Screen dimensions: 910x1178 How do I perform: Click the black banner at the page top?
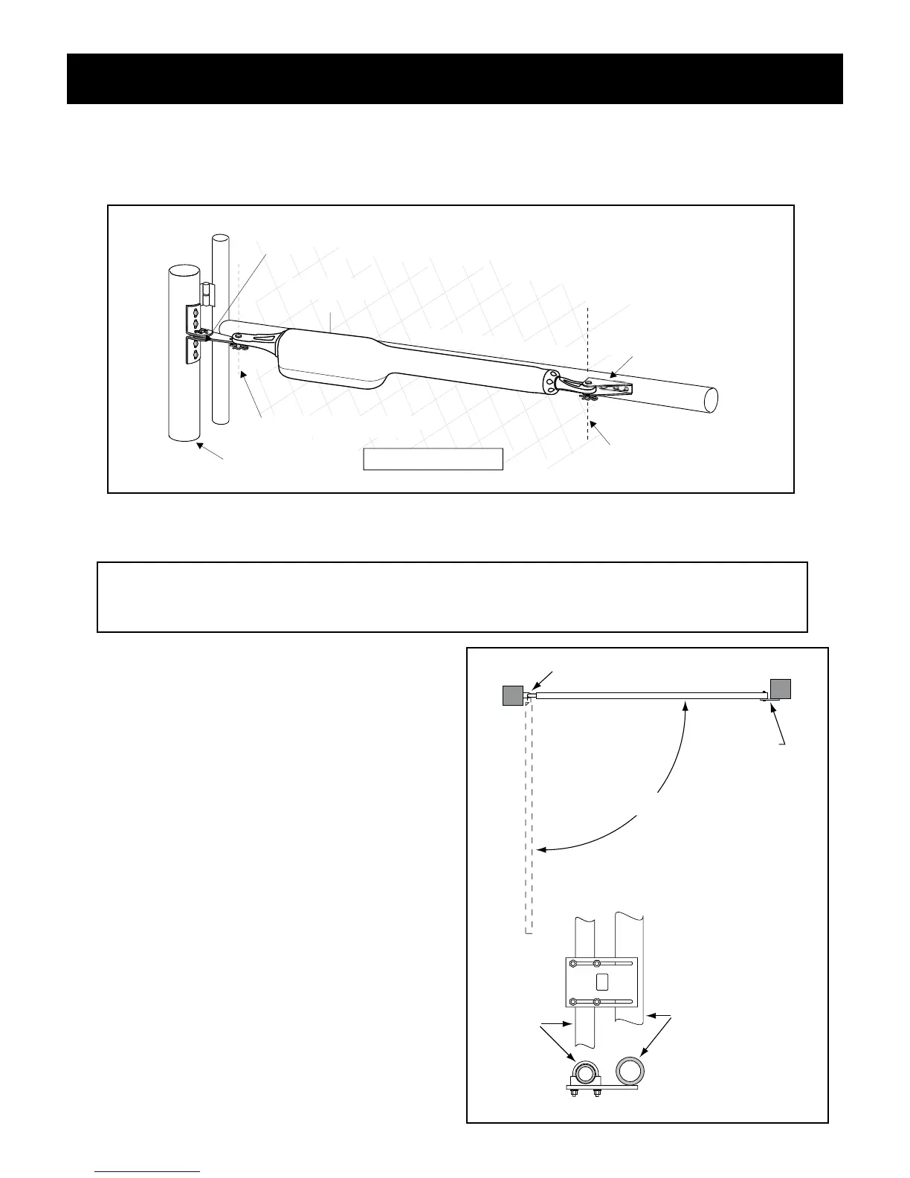[x=454, y=78]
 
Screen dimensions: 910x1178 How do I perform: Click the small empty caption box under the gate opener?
[x=433, y=459]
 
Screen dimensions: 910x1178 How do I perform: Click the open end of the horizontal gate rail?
[x=710, y=399]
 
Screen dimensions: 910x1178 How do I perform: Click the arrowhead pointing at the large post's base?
[x=197, y=445]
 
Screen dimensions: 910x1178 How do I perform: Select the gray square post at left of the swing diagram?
[x=512, y=695]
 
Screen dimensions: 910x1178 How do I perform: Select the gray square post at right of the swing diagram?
[x=781, y=689]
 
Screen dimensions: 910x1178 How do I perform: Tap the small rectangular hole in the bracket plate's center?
[x=602, y=982]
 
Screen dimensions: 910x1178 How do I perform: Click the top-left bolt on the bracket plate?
[x=572, y=964]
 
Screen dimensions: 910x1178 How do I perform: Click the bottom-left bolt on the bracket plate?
[x=572, y=1002]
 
